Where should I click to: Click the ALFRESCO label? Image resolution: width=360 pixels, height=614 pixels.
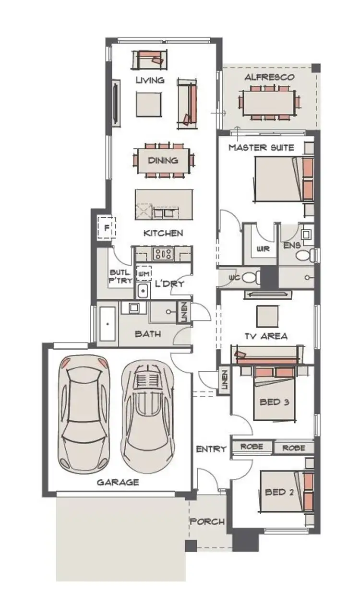269,77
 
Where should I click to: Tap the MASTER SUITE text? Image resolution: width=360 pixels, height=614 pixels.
261,147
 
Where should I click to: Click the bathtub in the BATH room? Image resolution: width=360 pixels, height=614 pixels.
108,323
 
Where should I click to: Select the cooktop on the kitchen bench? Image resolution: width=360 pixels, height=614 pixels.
163,254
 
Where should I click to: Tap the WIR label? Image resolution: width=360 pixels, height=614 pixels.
263,249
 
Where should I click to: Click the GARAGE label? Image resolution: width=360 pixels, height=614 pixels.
118,482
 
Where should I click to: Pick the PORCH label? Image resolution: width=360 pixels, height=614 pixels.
207,521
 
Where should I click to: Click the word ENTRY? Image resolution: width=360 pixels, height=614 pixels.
211,449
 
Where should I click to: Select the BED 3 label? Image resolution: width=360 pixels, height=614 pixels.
274,401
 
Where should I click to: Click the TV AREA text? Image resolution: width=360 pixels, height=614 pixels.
266,336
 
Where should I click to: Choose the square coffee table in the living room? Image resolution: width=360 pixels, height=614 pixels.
149,104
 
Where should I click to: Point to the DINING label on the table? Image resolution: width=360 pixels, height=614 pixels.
163,161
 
